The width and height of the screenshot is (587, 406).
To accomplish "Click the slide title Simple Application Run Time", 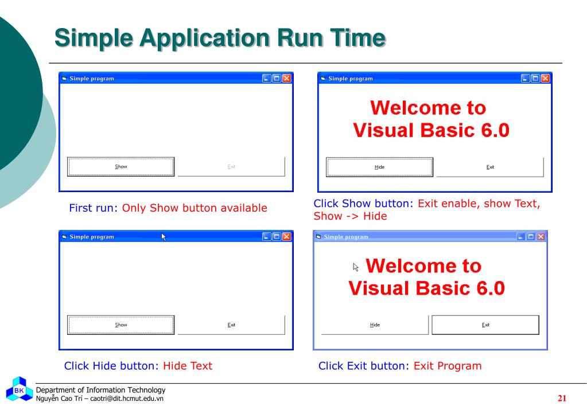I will pyautogui.click(x=220, y=38).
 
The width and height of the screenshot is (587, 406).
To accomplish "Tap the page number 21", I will pyautogui.click(x=562, y=398).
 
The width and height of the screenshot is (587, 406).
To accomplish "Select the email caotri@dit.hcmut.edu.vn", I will pyautogui.click(x=127, y=399).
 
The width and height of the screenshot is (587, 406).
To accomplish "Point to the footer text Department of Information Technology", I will pyautogui.click(x=100, y=390).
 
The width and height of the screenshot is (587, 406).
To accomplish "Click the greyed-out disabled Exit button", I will pyautogui.click(x=231, y=167).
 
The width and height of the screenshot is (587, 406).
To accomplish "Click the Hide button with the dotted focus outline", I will pyautogui.click(x=379, y=167).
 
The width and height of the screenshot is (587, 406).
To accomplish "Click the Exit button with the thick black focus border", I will pyautogui.click(x=485, y=325).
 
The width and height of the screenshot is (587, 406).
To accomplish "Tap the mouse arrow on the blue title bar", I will pyautogui.click(x=164, y=236).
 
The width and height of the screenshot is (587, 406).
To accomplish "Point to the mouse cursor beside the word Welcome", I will pyautogui.click(x=356, y=267).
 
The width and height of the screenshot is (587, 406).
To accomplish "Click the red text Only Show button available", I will pyautogui.click(x=195, y=208).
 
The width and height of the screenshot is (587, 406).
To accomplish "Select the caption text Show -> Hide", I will pyautogui.click(x=350, y=216).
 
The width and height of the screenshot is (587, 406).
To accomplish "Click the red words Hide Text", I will pyautogui.click(x=188, y=366).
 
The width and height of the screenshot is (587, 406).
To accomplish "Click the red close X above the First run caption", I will pyautogui.click(x=286, y=79).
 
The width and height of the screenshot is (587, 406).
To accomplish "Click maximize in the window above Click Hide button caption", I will pyautogui.click(x=277, y=236).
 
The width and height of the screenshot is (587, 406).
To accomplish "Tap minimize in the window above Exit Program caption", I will pyautogui.click(x=521, y=236).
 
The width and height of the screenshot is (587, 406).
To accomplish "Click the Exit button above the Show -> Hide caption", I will pyautogui.click(x=490, y=167).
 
